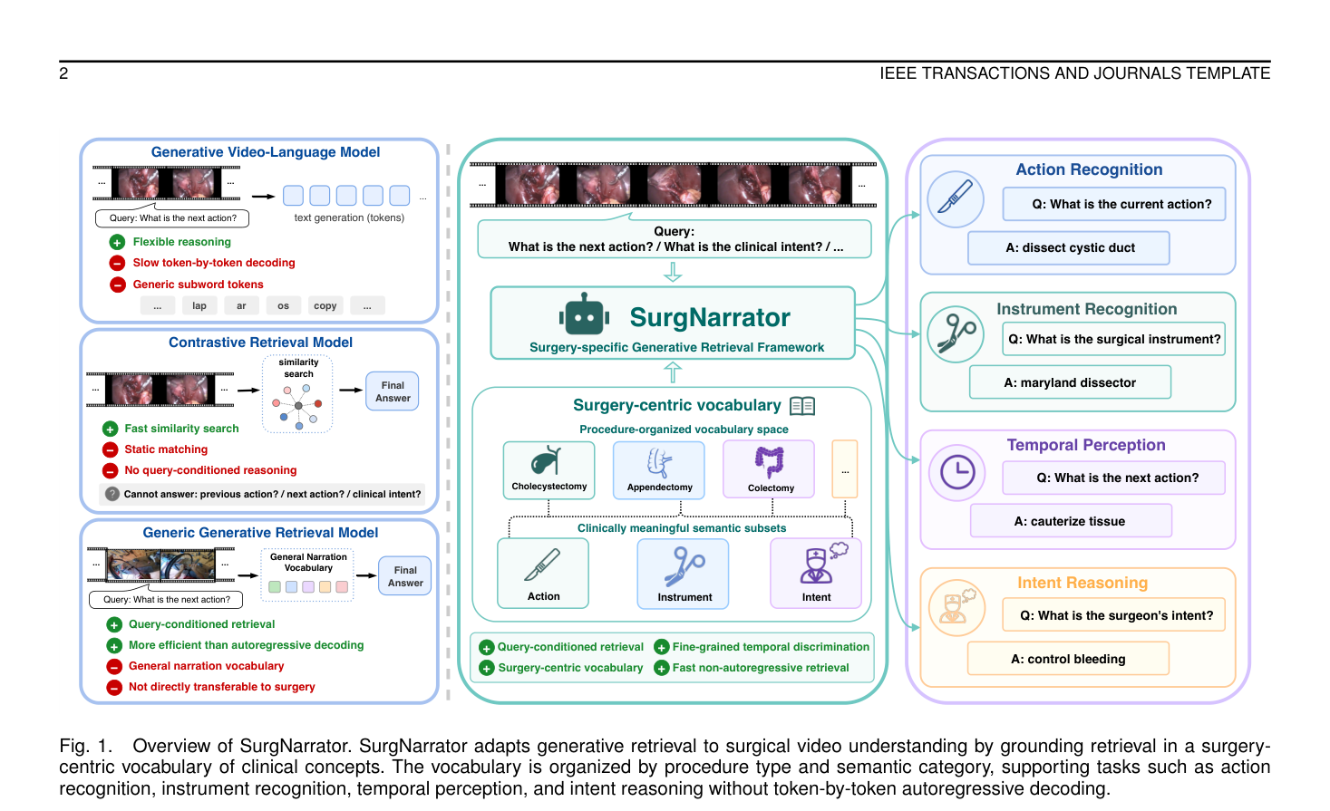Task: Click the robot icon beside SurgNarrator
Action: click(584, 315)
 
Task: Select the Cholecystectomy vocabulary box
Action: click(549, 470)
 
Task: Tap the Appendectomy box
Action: click(659, 470)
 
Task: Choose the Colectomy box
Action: click(769, 469)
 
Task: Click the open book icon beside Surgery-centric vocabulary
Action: click(802, 406)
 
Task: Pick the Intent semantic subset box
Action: click(816, 573)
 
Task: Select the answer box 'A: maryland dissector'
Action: click(1070, 382)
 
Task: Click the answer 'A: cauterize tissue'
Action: click(1071, 521)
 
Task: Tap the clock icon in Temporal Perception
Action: click(957, 472)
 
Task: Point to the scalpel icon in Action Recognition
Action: click(956, 198)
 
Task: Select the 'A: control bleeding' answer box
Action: click(1068, 659)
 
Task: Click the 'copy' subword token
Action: click(325, 306)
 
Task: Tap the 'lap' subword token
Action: click(199, 306)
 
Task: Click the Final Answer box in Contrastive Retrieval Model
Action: click(393, 391)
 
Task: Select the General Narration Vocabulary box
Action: click(307, 574)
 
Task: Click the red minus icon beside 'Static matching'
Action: click(110, 449)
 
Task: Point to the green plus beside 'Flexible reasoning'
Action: click(117, 242)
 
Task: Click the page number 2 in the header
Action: click(63, 73)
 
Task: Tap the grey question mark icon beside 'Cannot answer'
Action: click(112, 494)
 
